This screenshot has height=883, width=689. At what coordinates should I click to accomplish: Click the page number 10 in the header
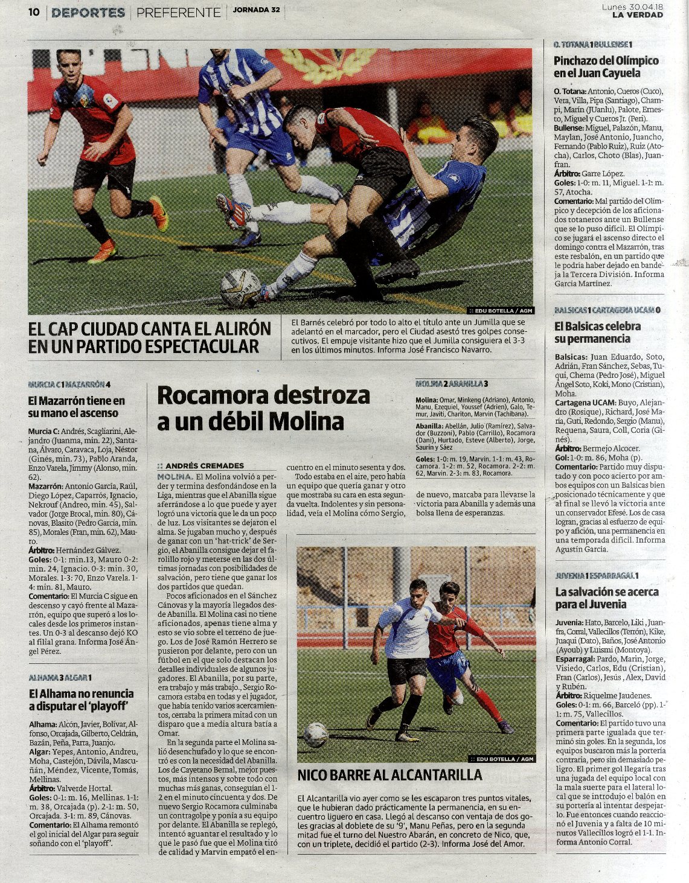34,12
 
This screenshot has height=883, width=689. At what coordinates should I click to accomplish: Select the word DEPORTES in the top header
88,12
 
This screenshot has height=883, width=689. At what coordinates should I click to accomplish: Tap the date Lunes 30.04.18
632,7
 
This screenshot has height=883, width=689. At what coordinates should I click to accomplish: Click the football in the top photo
240,288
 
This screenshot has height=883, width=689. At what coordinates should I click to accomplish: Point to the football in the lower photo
316,735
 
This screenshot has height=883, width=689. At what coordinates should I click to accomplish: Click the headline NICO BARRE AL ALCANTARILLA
389,775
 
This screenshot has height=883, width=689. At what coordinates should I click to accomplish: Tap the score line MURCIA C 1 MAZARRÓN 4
69,384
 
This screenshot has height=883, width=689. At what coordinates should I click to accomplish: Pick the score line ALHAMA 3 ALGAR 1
60,677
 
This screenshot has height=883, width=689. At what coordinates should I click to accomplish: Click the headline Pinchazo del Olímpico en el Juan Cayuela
606,66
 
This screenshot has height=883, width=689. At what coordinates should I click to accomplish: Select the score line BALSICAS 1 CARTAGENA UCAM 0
607,310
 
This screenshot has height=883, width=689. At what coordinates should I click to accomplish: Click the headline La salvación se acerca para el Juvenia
606,598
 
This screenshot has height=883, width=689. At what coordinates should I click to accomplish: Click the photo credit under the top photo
501,311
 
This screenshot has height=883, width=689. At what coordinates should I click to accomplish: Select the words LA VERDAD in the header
637,15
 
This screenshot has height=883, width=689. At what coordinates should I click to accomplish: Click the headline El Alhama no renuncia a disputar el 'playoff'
82,700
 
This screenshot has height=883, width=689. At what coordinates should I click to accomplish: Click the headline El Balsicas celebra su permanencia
598,333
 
